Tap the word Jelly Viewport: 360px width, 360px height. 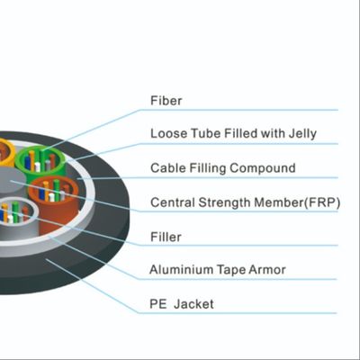[300, 134]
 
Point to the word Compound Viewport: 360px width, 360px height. [266, 168]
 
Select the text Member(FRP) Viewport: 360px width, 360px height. [291, 202]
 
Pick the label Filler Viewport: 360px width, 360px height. [166, 236]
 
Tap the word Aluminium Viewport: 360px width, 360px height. [180, 269]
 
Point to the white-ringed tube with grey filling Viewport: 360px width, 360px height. [18, 216]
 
